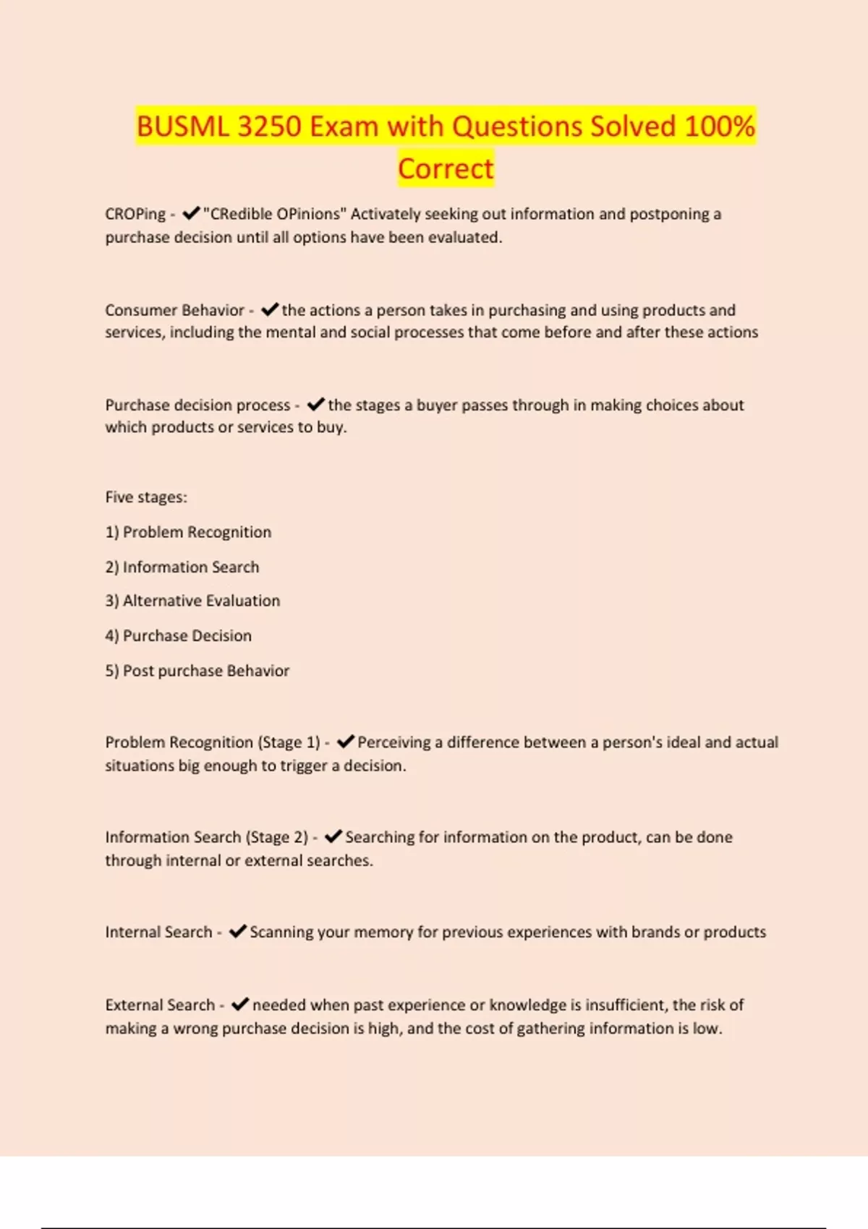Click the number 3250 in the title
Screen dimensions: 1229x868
coord(269,127)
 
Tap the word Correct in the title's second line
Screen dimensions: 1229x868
coord(446,168)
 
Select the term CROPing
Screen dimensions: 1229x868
coord(135,214)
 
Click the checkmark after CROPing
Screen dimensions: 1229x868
coord(191,213)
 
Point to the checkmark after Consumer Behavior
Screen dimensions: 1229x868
coord(270,309)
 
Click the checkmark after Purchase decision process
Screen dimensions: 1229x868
coord(316,404)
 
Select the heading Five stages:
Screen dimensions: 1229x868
coord(146,497)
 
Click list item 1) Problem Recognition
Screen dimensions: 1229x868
coord(188,532)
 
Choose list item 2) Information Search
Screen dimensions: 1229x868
coord(182,567)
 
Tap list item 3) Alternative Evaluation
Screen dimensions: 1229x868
coord(192,601)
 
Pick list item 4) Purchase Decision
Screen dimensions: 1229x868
coord(179,635)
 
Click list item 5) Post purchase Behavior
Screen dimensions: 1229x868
coord(197,671)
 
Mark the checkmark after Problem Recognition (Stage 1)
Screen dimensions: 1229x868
coord(346,742)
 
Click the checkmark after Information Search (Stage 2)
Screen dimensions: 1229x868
coord(333,836)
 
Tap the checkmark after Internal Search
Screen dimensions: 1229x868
coord(238,932)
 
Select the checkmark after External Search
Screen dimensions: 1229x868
coord(240,1004)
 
